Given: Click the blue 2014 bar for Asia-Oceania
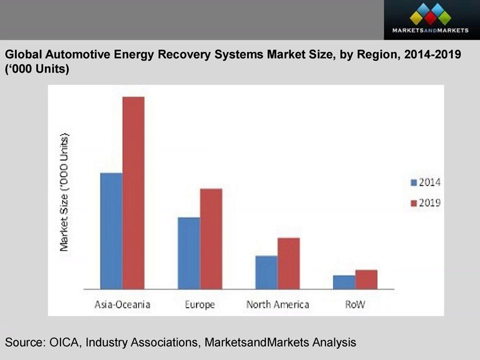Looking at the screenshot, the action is click(111, 231).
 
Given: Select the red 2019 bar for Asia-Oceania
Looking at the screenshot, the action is click(133, 193).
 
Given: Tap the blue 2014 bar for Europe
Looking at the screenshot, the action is click(189, 253).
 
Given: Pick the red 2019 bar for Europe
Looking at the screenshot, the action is click(211, 239).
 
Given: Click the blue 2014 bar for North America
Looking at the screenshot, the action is click(266, 272).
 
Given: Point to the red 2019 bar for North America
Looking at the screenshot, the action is click(288, 263).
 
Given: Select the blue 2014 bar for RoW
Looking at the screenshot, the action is click(344, 282).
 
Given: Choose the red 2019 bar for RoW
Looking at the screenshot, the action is click(366, 279).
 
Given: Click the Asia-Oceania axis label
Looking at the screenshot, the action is click(122, 304).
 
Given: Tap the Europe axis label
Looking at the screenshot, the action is click(200, 305).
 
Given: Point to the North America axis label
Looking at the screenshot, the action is click(277, 304).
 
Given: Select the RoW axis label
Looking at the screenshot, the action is click(355, 304).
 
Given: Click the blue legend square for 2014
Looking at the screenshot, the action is click(413, 183).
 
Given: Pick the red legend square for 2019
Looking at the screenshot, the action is click(413, 203).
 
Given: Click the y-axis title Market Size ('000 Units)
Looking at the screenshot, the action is click(64, 192).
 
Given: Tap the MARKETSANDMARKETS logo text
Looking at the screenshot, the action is click(430, 30).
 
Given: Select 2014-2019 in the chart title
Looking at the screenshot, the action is click(432, 54).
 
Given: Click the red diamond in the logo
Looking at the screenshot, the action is click(430, 18).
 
